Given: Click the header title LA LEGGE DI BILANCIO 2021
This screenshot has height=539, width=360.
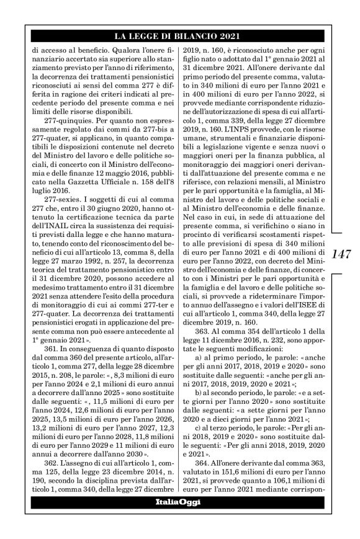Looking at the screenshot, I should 180,36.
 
